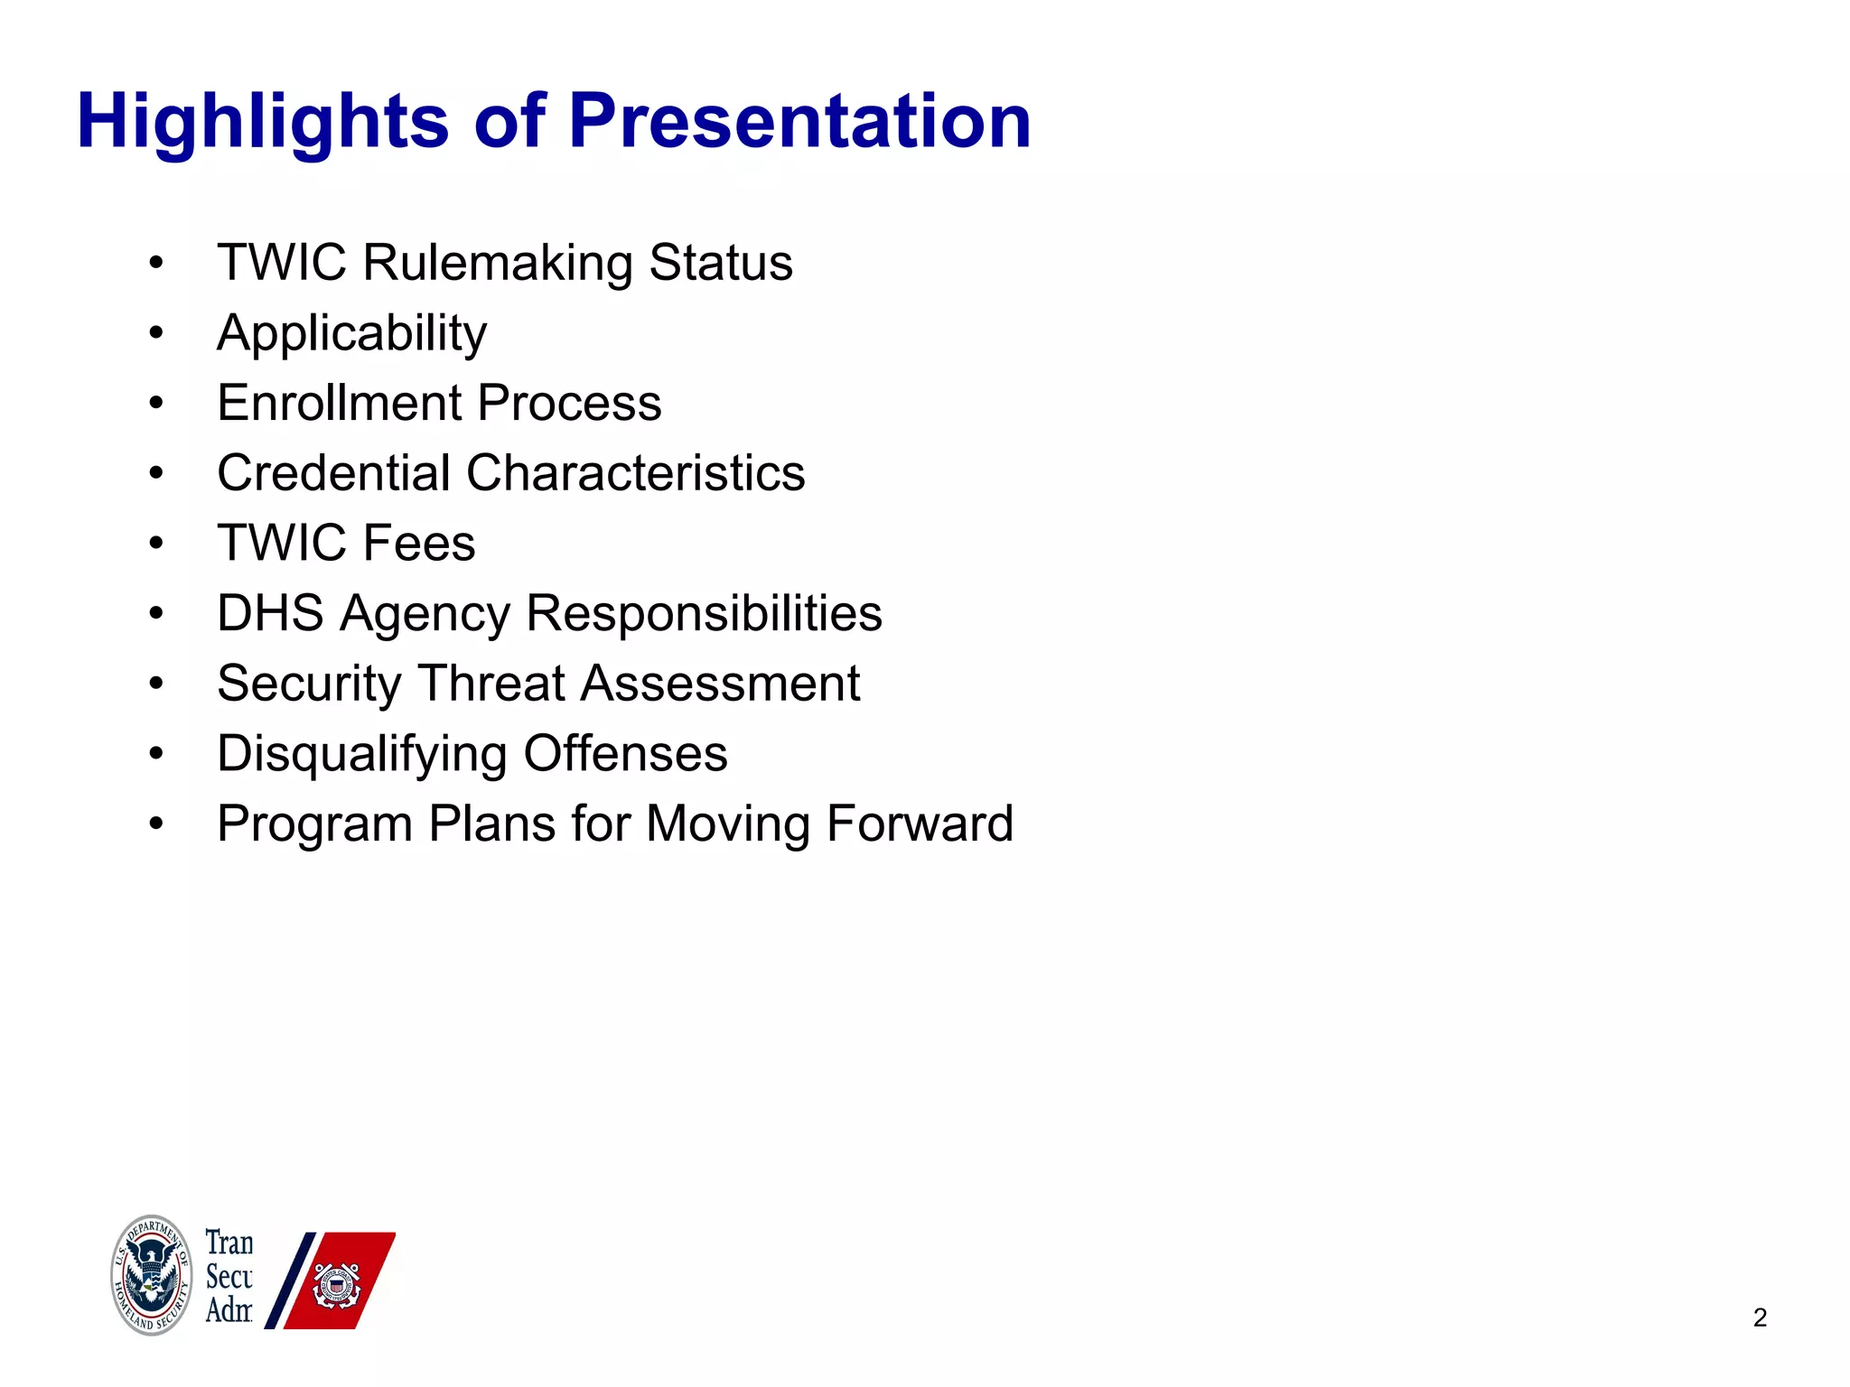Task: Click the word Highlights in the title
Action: tap(262, 122)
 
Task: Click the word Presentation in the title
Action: tap(799, 122)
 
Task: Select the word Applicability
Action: tap(351, 333)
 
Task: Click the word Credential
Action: tap(333, 473)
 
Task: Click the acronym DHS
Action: tap(270, 613)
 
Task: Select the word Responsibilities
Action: tap(704, 613)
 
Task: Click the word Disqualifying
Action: tap(361, 754)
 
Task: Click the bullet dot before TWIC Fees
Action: tap(156, 544)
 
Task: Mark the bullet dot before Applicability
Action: tap(156, 333)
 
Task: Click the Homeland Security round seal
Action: tap(151, 1275)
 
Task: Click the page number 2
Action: tap(1760, 1317)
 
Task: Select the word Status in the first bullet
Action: tap(721, 263)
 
